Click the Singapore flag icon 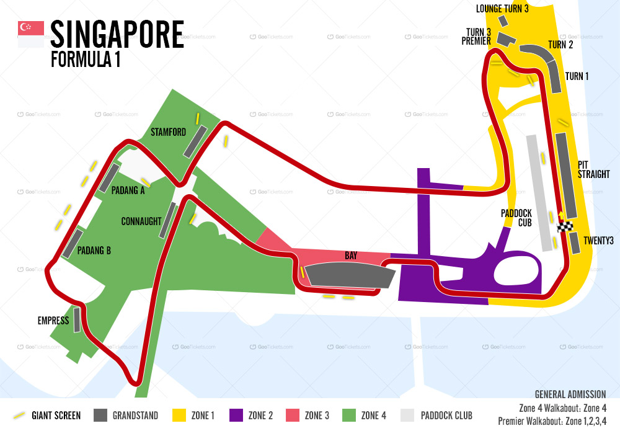pos(31,35)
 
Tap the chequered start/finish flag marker pos(564,227)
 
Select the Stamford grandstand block pos(195,141)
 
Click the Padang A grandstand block pos(109,177)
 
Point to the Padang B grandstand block pos(73,243)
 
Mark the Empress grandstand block pos(77,319)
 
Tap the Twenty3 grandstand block pos(574,242)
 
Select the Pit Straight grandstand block pos(566,175)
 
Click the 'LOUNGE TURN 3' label pos(502,9)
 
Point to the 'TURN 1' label pos(577,76)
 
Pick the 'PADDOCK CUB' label pos(516,218)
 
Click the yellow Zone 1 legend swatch pos(180,415)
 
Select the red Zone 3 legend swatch pos(293,415)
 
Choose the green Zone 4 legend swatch pos(350,415)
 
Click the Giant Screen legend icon pos(20,415)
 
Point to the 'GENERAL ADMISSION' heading pos(570,394)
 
